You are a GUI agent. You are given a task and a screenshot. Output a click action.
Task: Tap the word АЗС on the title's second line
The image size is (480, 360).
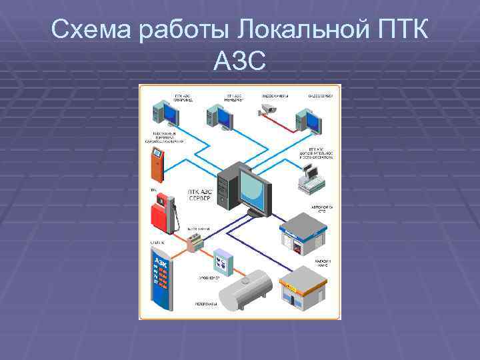click(240, 62)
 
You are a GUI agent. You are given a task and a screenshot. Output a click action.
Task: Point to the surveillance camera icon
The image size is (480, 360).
click(268, 109)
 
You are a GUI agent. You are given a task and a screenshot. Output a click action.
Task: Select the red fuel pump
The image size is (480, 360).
click(164, 213)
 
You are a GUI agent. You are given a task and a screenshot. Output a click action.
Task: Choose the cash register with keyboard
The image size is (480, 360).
click(309, 177)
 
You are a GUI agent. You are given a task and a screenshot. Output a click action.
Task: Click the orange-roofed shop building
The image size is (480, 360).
click(301, 287)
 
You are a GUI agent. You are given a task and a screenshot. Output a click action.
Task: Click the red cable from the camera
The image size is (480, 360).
click(284, 121)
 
